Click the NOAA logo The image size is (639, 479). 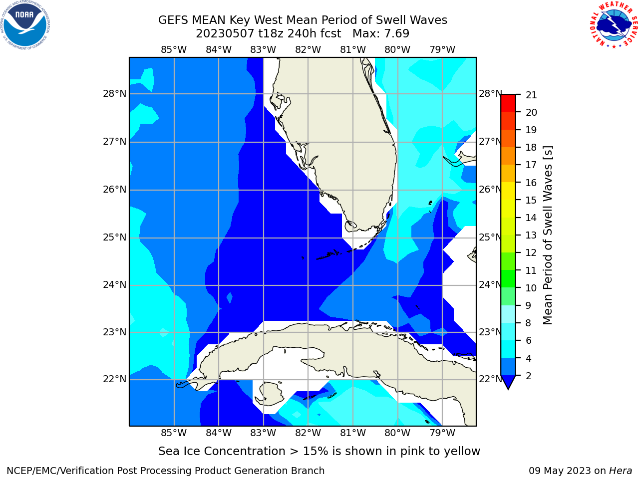[25, 25]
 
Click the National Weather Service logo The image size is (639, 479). [613, 24]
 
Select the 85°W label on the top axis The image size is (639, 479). [174, 50]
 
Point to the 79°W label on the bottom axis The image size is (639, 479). [442, 433]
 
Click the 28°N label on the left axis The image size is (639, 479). [115, 94]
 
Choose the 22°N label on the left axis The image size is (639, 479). [115, 379]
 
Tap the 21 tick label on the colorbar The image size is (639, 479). [531, 95]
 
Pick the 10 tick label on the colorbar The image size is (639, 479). [531, 288]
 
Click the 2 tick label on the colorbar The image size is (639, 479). [529, 376]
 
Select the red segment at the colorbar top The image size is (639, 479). [508, 103]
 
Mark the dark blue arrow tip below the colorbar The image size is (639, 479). [508, 389]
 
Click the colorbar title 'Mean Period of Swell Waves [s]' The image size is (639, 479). [548, 235]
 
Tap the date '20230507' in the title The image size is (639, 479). [225, 34]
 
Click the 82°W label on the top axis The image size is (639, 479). [308, 50]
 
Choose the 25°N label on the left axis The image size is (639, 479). [115, 238]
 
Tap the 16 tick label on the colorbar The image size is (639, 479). [531, 183]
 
